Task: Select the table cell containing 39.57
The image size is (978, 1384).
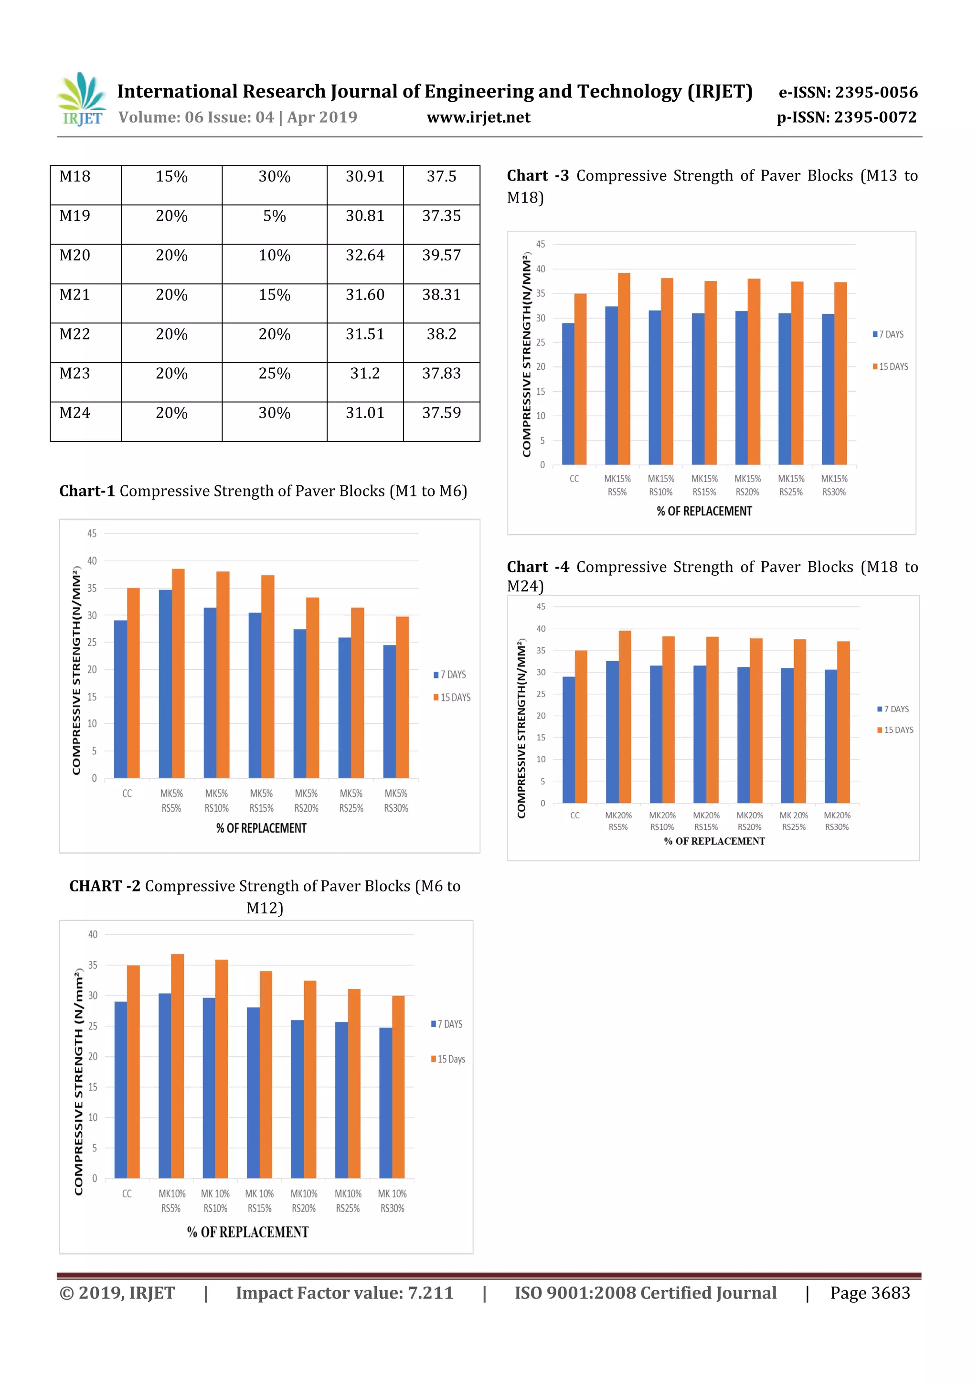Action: coord(441,256)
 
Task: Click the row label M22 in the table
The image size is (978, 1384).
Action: coord(74,334)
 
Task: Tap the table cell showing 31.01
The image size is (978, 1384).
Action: coord(364,414)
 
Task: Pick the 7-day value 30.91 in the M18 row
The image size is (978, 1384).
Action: coord(364,177)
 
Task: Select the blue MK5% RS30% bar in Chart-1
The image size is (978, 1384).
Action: coord(389,711)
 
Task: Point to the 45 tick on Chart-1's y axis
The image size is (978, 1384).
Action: coord(92,534)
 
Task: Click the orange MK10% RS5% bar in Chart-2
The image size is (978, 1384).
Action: coord(178,1066)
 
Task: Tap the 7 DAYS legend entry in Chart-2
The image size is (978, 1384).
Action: coord(447,1024)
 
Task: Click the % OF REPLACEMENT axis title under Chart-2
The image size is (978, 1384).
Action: coord(248,1232)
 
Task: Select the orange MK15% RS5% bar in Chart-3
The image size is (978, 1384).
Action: coord(624,368)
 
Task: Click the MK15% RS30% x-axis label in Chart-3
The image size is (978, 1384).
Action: coord(834,485)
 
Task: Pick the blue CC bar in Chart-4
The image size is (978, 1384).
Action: coord(568,740)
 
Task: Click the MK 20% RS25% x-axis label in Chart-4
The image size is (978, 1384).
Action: coord(794,821)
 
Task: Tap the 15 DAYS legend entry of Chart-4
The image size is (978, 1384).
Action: coord(895,730)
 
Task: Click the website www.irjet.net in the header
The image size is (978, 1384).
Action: coord(478,118)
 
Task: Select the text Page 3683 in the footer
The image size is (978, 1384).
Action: coord(870,1292)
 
